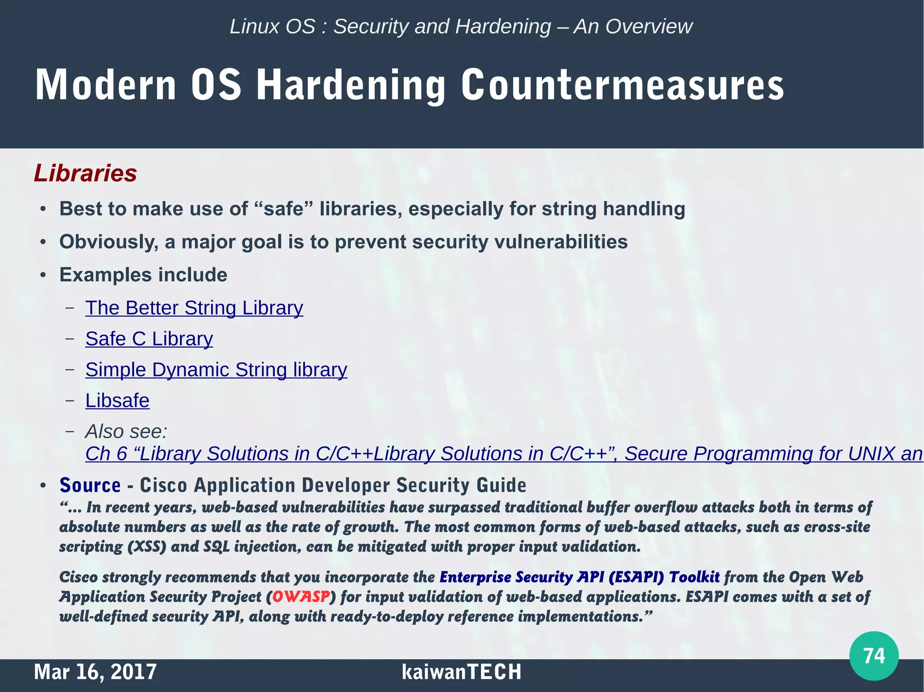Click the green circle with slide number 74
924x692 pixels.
873,655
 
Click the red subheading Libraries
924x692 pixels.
85,174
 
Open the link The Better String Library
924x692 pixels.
194,308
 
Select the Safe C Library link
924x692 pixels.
149,339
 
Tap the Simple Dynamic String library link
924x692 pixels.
216,370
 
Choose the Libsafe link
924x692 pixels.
117,401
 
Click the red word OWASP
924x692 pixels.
301,596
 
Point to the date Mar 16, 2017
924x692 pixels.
95,672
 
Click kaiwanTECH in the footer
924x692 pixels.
461,672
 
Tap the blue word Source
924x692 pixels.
90,485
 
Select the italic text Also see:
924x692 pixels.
126,431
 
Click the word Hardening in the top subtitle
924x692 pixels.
503,27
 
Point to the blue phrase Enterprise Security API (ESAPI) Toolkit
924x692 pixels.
579,577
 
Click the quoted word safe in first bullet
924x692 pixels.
284,209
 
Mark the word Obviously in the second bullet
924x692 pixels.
108,242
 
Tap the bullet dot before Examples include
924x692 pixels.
43,275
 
